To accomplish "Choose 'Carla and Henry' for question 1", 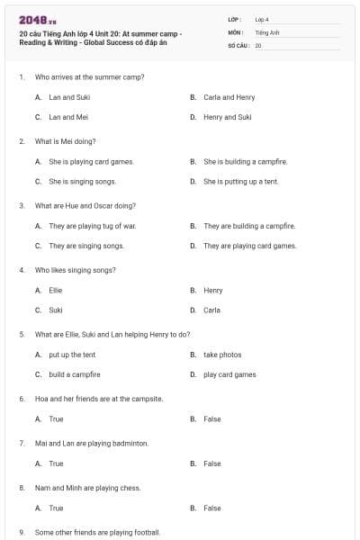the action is (x=229, y=97).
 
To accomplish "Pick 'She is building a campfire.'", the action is (x=245, y=162).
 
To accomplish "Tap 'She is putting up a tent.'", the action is (x=240, y=181).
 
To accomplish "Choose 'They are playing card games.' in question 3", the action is (x=249, y=246).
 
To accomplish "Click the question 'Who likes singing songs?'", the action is (x=75, y=270).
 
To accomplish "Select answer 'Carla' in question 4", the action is (x=211, y=310).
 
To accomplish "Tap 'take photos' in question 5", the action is (x=222, y=355).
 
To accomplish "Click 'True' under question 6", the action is (x=56, y=418).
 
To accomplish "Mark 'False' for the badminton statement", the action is (x=211, y=463).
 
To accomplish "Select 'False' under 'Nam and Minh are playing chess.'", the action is (x=211, y=508).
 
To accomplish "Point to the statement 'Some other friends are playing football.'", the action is (x=97, y=533).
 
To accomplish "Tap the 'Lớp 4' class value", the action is (x=262, y=19).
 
